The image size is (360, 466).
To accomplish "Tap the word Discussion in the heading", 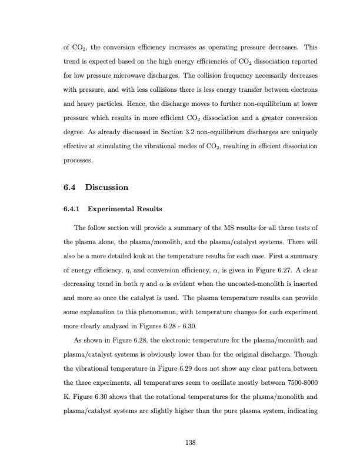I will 106,188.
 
